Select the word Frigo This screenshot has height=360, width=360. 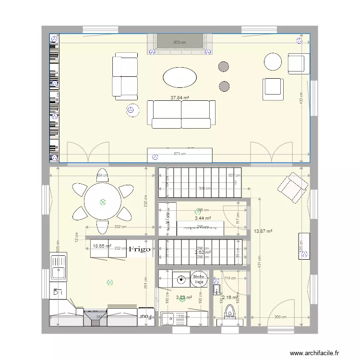coord(140,249)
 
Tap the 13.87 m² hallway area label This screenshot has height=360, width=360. coord(263,231)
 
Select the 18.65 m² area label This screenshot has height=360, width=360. coord(101,246)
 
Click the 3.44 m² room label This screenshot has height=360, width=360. coord(203,218)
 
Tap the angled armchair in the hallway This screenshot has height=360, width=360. coord(293,186)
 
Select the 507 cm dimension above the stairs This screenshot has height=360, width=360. coord(234,176)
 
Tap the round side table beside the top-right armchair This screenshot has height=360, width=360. coord(273,61)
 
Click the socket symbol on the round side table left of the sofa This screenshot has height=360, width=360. coord(130,110)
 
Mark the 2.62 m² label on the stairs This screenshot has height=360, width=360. coord(203,252)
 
